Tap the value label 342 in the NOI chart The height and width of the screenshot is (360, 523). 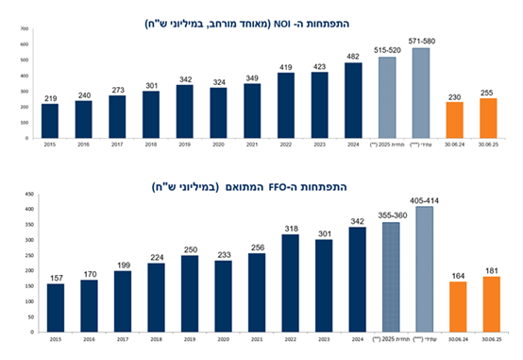tap(185, 78)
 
